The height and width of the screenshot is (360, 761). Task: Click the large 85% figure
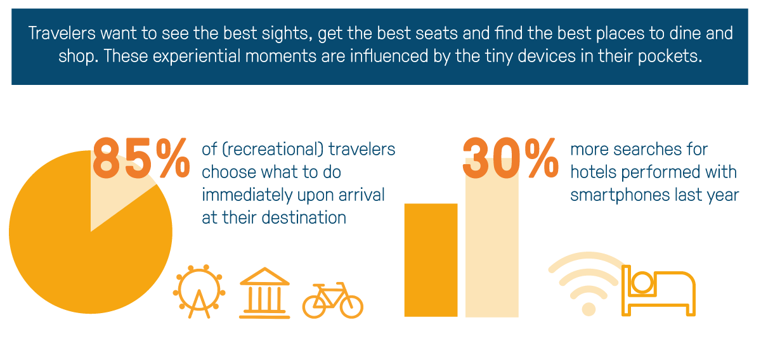coord(141,158)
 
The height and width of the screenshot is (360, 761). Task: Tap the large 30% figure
coord(511,158)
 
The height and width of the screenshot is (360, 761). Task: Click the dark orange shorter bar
coord(431,260)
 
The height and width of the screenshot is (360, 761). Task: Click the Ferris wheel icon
coord(199,292)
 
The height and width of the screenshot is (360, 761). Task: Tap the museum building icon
coord(264,293)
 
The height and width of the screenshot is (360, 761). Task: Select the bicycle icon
coord(332,300)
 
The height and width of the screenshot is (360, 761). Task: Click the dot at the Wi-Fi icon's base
coord(589,309)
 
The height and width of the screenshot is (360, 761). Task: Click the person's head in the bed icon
coord(642,283)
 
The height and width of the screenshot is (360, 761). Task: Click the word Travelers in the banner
coord(62,34)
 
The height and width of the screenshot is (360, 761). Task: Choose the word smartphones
coord(620,195)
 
